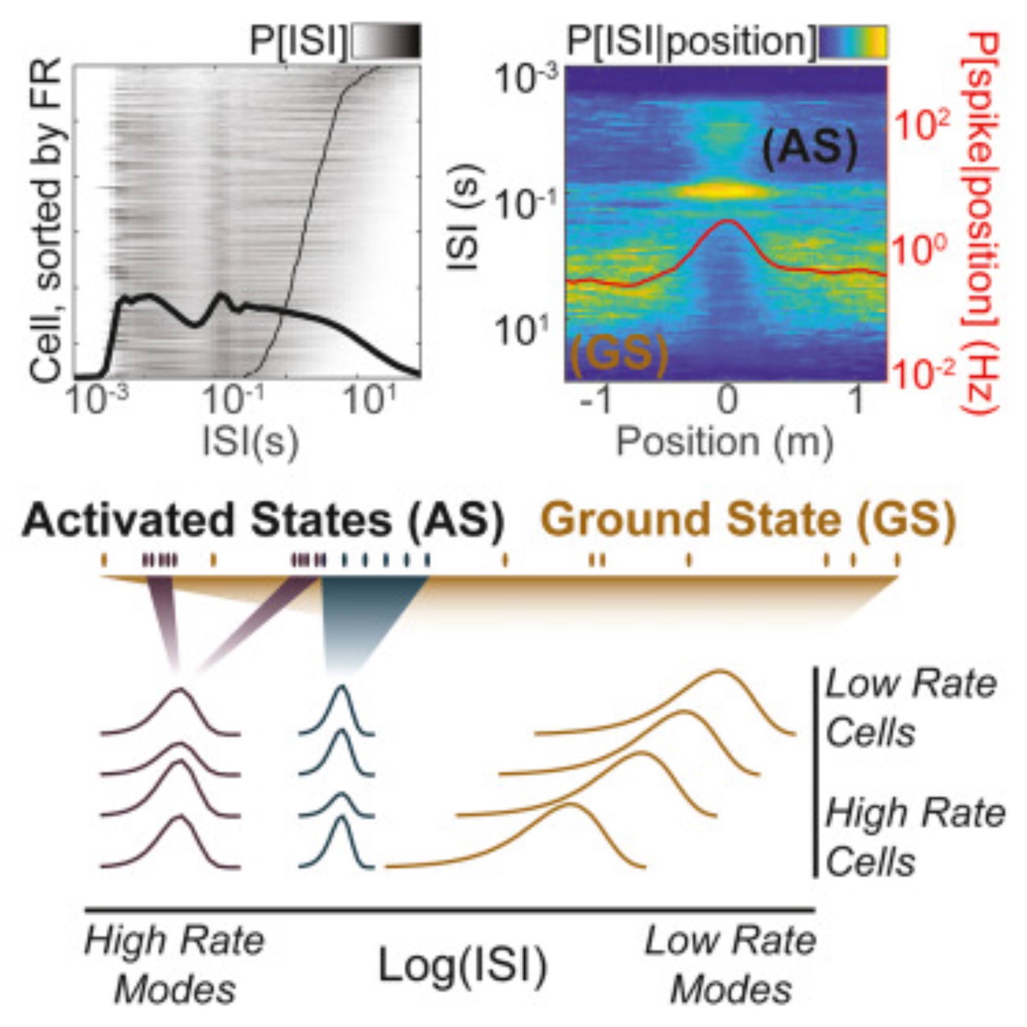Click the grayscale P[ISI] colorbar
387,41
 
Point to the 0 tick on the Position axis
727,400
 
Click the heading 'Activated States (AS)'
262,520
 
